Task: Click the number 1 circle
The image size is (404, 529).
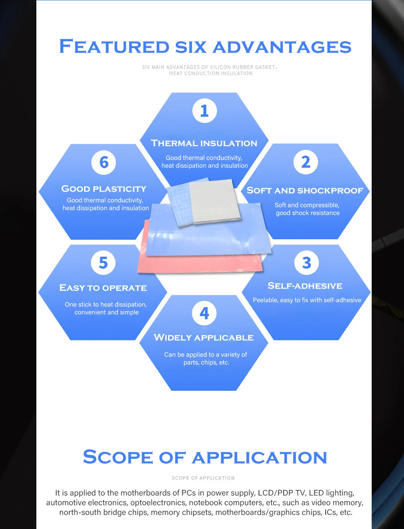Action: tap(204, 111)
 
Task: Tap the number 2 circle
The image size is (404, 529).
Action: tap(306, 162)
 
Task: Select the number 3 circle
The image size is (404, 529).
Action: tap(307, 263)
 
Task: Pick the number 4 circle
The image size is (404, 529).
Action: tap(204, 313)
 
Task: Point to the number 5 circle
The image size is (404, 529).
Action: tap(103, 263)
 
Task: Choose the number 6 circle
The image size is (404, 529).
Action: tap(104, 162)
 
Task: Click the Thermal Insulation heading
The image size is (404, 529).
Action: tap(204, 143)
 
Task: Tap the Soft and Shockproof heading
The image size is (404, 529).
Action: tap(305, 190)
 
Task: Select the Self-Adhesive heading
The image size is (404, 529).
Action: tap(305, 286)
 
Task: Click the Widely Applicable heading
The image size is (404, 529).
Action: tap(204, 337)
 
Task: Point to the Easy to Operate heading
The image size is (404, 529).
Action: tap(103, 288)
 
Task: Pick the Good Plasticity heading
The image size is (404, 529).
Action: tap(104, 189)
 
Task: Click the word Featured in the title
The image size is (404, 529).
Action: tap(114, 46)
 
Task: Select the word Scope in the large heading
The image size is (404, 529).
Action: tap(118, 457)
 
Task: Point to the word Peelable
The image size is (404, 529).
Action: tap(265, 300)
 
